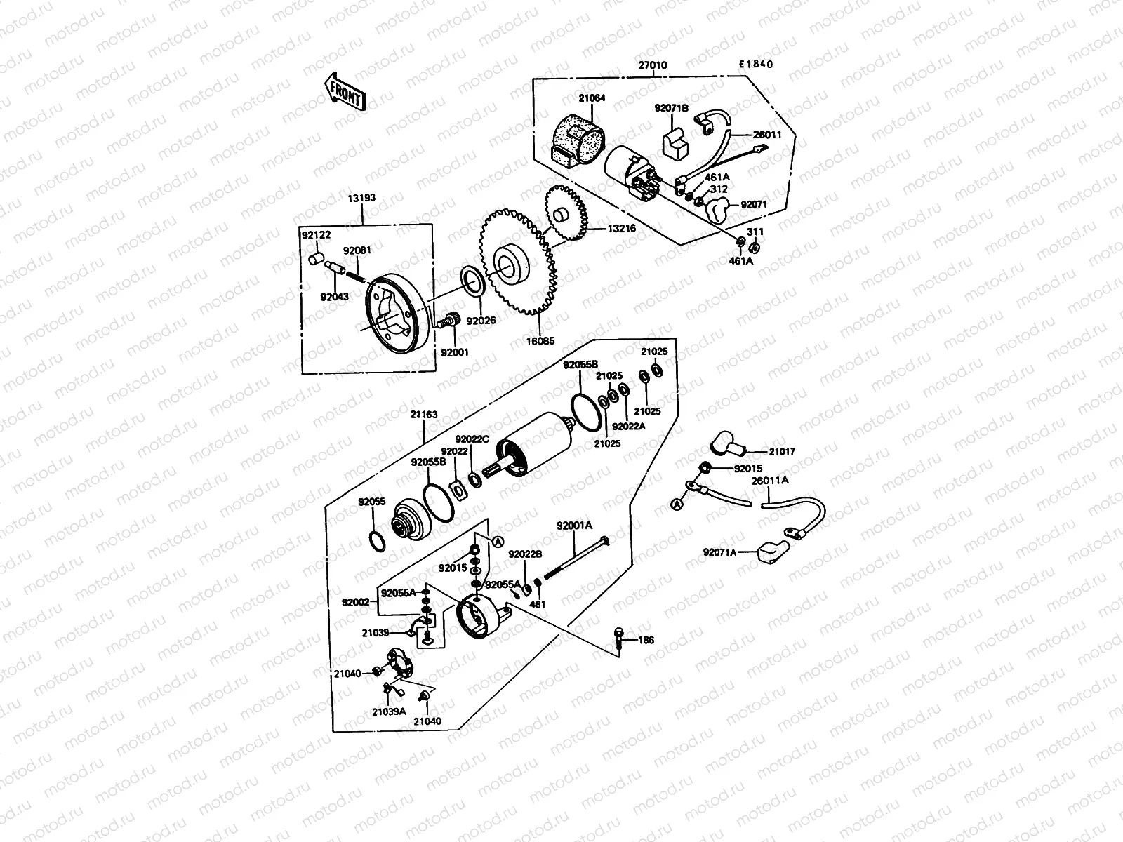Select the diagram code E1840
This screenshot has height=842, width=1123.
(x=755, y=65)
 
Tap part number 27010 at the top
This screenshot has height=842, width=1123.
(x=652, y=65)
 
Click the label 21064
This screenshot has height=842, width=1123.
(x=592, y=99)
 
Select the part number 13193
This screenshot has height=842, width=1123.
(x=361, y=198)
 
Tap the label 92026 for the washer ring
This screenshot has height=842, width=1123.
(x=481, y=321)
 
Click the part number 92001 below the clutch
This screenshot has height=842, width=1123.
(x=454, y=353)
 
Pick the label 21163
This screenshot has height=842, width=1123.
(x=424, y=415)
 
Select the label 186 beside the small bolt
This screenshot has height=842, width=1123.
(x=646, y=640)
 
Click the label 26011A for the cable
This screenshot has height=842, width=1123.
(x=769, y=481)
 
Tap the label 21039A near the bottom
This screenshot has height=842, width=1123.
(x=389, y=711)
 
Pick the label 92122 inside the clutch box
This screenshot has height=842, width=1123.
(x=316, y=236)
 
